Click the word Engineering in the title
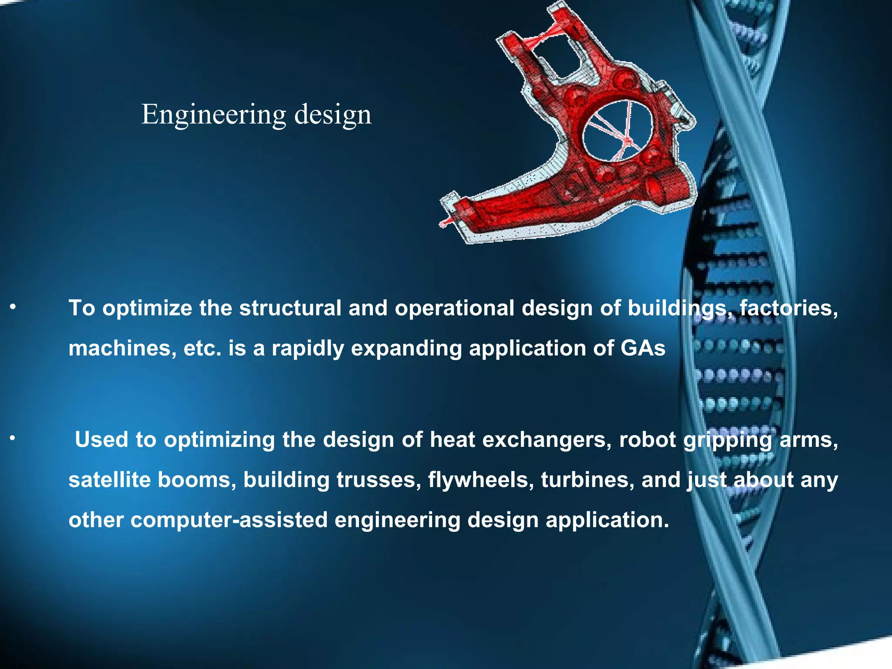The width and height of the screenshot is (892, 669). click(213, 115)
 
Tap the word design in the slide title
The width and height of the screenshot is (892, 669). click(333, 115)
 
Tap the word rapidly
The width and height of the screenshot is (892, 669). click(308, 348)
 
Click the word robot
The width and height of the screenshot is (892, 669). click(648, 439)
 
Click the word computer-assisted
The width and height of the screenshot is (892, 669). click(229, 520)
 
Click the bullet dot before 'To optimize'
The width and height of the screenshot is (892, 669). click(13, 308)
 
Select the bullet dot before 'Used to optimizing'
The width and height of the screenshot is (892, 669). click(13, 439)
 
